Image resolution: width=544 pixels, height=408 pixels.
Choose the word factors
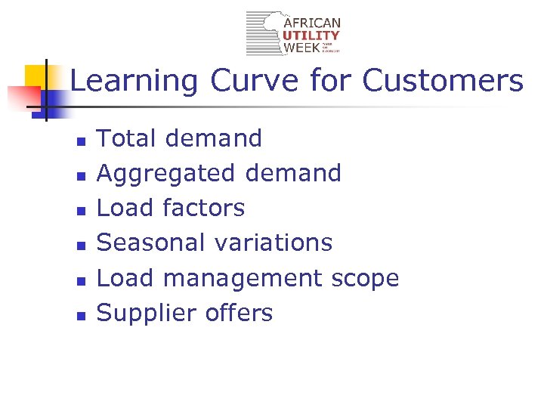[203, 207]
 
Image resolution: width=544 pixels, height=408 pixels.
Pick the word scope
[365, 279]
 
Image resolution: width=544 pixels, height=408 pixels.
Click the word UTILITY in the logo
[311, 36]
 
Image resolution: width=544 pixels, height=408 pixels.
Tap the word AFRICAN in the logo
[311, 23]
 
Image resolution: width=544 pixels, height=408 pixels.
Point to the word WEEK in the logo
[299, 48]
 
